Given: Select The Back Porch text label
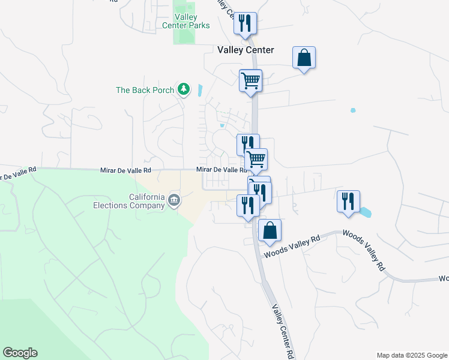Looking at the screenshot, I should coord(145,90).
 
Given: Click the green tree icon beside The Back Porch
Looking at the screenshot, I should coord(184,90).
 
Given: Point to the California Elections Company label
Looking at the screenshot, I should coord(146,201).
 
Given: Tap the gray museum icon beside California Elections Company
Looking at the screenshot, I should coord(174,200).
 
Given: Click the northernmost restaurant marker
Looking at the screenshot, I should coord(245,23).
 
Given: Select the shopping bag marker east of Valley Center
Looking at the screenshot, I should coord(304,58).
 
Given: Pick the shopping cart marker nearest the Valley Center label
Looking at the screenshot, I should coord(250,80).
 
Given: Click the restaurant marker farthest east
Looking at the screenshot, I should coord(348,201).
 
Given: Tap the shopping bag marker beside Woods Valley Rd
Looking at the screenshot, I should coord(270,230).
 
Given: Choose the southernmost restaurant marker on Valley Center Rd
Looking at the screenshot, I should coord(247,206).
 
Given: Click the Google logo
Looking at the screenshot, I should coord(20,353).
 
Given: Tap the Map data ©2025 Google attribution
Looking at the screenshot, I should coord(411,355).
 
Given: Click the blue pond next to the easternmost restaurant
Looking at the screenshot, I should coord(364,212).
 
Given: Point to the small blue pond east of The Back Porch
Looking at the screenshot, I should coord(199,91).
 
